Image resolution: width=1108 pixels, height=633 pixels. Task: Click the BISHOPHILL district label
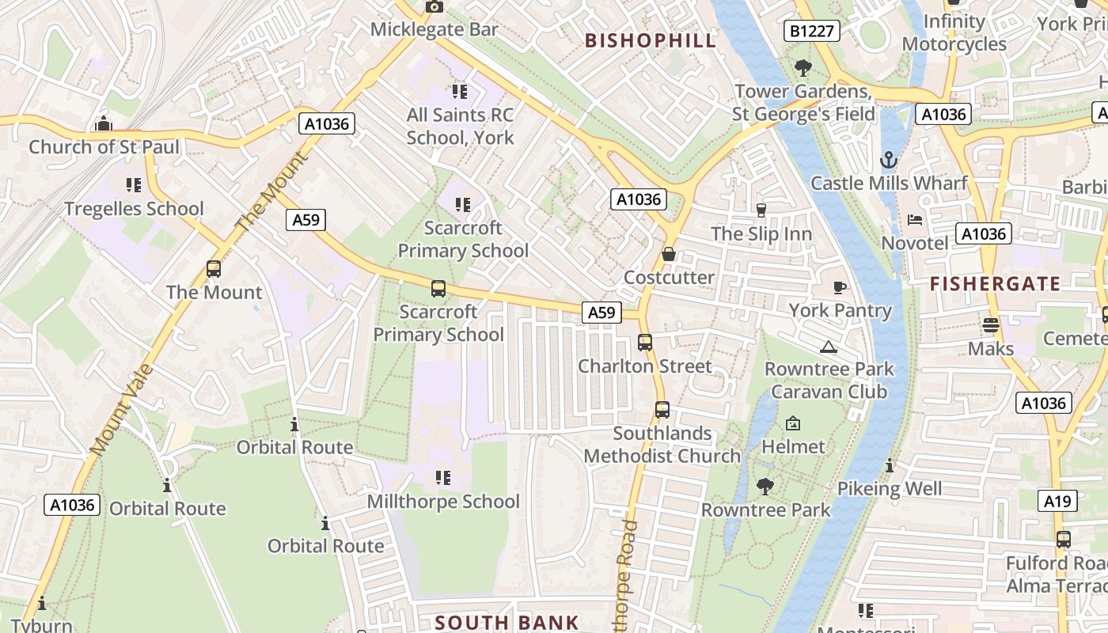[651, 40]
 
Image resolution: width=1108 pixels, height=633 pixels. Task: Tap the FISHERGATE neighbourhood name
[995, 284]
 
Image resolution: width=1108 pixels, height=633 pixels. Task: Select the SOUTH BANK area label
[507, 623]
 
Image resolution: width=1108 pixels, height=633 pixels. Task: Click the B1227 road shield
[812, 31]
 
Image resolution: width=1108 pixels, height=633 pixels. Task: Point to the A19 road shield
[1057, 501]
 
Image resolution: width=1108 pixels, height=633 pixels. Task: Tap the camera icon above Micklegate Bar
[434, 6]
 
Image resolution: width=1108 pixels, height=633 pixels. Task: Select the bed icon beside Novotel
[915, 220]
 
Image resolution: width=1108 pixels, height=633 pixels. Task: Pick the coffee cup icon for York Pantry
[840, 287]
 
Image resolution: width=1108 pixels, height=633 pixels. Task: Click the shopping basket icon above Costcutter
[669, 254]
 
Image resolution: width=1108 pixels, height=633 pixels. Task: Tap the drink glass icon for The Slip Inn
[761, 210]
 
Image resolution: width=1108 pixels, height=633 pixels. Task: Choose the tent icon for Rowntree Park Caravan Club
[829, 347]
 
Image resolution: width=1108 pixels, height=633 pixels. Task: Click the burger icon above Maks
[990, 324]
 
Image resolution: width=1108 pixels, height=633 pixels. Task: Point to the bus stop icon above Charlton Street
[645, 343]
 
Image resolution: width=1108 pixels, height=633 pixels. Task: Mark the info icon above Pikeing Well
[890, 466]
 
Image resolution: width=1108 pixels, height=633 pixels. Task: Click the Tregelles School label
[134, 209]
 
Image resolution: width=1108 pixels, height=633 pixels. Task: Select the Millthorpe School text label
[443, 502]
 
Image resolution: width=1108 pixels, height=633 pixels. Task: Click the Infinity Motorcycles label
[954, 33]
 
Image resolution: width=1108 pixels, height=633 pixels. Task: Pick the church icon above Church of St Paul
[103, 124]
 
